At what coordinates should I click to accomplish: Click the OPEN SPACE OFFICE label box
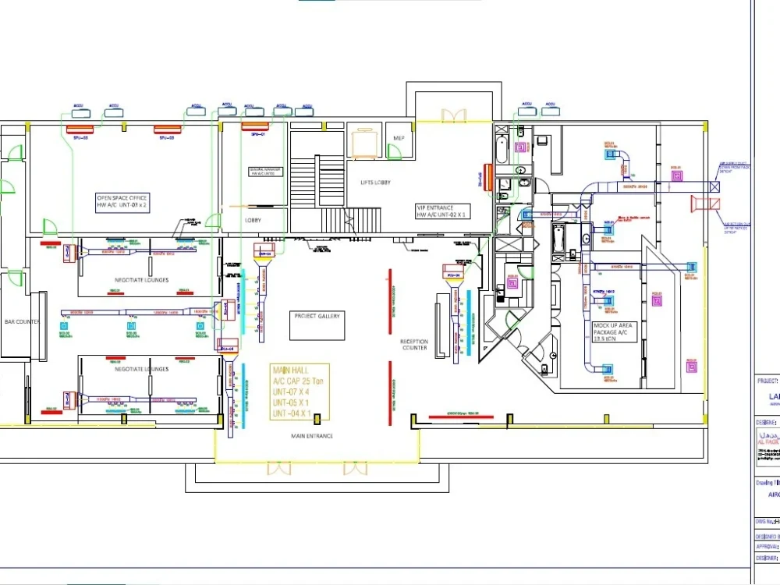(122, 202)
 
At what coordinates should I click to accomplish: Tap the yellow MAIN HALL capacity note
(300, 391)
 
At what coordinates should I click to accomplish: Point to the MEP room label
(399, 138)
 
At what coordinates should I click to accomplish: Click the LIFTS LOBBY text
(375, 183)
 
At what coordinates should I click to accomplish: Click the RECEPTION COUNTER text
(414, 345)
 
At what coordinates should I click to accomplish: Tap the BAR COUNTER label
(22, 321)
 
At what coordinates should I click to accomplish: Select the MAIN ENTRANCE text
(312, 435)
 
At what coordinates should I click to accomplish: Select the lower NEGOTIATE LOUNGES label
(141, 369)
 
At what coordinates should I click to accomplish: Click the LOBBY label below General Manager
(253, 220)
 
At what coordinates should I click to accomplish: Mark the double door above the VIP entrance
(453, 116)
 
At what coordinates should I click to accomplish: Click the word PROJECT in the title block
(767, 381)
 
